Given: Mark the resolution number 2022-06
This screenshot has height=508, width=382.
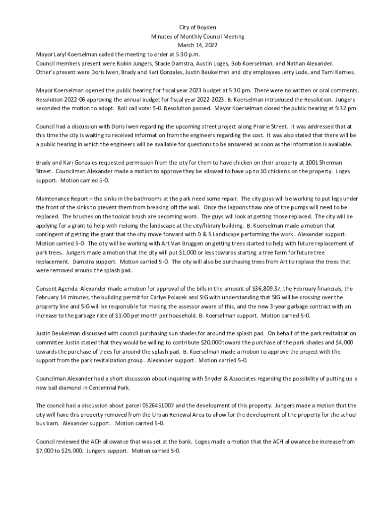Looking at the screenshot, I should tap(74, 99).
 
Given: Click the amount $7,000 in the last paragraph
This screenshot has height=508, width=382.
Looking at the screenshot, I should tap(44, 450).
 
